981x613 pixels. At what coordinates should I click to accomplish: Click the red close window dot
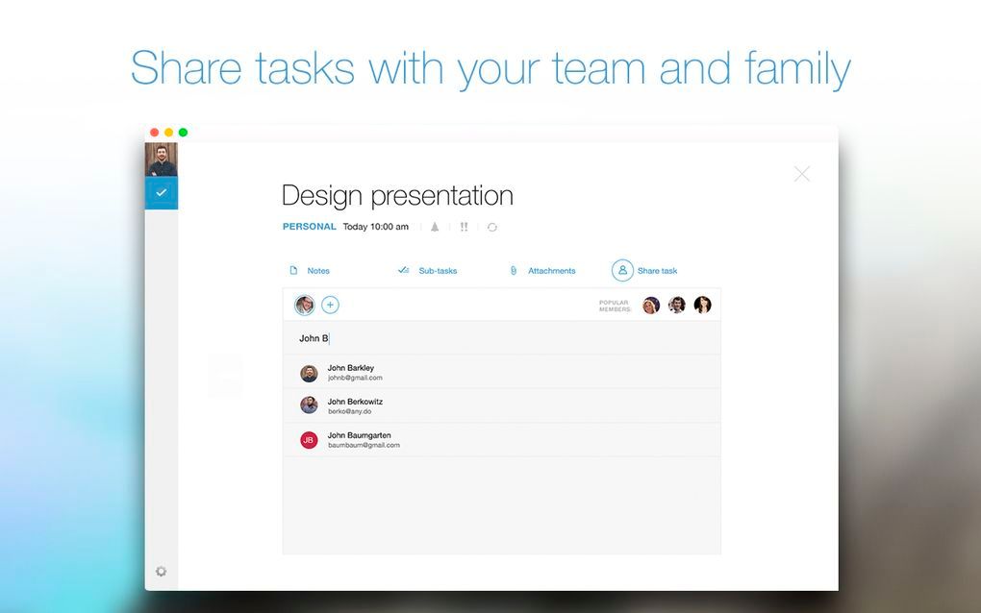click(x=154, y=133)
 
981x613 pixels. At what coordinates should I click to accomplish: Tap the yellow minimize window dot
click(x=168, y=133)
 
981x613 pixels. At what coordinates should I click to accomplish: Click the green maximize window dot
click(x=183, y=133)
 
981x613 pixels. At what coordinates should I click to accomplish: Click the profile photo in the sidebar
click(x=162, y=159)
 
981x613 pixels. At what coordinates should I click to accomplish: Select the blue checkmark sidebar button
click(x=162, y=193)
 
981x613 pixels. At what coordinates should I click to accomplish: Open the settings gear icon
click(x=161, y=571)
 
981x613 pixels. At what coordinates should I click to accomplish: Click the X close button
click(x=801, y=174)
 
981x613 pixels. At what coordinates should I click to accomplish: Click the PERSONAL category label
click(x=309, y=227)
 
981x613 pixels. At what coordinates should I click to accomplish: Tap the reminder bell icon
click(x=435, y=227)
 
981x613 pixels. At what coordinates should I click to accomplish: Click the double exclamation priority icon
click(x=464, y=227)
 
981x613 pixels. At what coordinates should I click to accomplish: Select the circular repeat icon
click(x=492, y=227)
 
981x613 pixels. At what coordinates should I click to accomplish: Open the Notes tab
click(x=310, y=271)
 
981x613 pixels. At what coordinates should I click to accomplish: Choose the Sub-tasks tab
click(x=428, y=271)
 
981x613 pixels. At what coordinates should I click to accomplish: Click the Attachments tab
click(x=542, y=271)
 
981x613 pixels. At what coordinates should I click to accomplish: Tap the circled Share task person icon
click(x=622, y=271)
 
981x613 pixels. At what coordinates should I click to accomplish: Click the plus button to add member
click(x=330, y=305)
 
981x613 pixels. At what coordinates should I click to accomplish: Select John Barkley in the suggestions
click(x=350, y=373)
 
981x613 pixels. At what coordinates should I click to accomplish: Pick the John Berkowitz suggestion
click(x=355, y=406)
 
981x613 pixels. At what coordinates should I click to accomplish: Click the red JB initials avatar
click(x=309, y=440)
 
